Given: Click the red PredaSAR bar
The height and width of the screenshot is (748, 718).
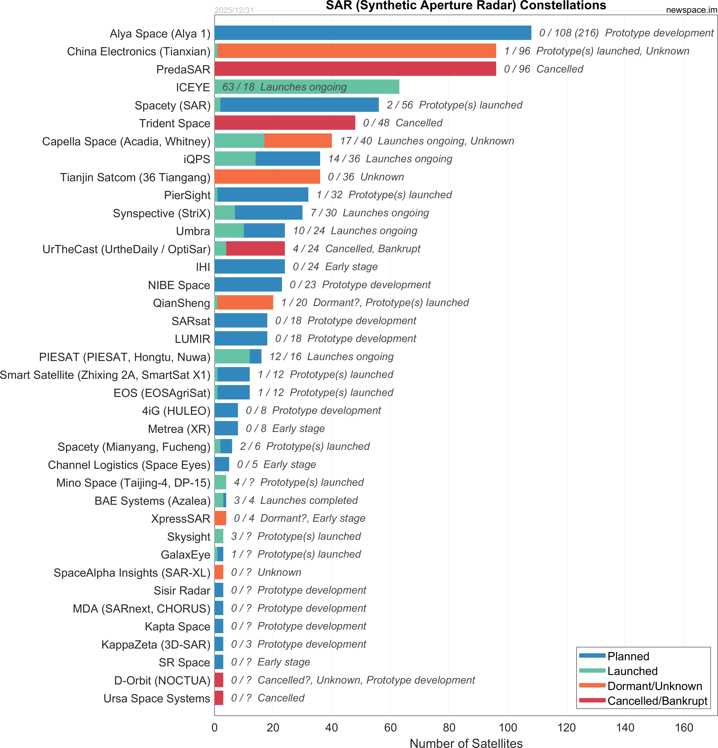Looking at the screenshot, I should coord(355,69).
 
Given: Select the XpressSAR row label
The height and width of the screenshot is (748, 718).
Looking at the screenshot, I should coord(181,519).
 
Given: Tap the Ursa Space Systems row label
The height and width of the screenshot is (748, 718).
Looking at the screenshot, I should coord(157,698).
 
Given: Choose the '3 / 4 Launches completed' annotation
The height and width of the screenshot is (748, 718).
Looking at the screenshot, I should coord(296,500).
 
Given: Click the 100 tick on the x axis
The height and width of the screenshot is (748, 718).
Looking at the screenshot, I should coord(508,727).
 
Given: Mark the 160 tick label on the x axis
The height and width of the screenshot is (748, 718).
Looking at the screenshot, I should coord(684,727).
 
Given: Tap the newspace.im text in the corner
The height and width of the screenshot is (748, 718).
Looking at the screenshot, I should coord(691,10).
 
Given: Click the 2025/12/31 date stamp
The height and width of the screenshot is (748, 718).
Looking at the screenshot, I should coord(234,10).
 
